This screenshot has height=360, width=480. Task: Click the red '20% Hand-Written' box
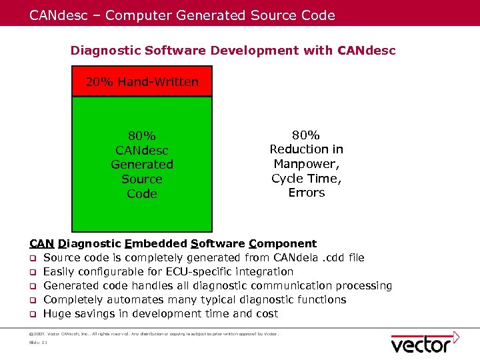pyautogui.click(x=142, y=81)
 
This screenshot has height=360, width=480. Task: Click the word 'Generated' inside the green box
pyautogui.click(x=142, y=164)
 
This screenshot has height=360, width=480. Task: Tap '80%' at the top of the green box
pyautogui.click(x=142, y=135)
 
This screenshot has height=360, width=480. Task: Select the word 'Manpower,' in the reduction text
pyautogui.click(x=306, y=163)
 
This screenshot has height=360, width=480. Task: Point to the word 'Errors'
pyautogui.click(x=306, y=193)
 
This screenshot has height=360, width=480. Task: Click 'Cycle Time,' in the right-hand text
pyautogui.click(x=306, y=178)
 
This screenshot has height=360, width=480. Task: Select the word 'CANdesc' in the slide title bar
pyautogui.click(x=57, y=15)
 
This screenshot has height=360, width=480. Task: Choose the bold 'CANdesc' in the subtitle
pyautogui.click(x=367, y=51)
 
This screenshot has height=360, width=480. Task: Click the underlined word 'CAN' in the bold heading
pyautogui.click(x=42, y=243)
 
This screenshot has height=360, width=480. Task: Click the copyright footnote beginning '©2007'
pyautogui.click(x=153, y=333)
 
